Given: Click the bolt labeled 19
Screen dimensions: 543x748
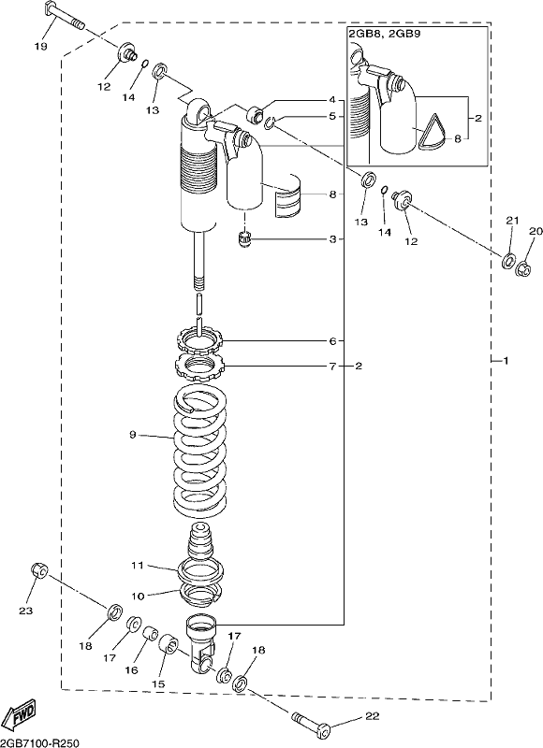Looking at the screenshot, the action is click(x=64, y=16).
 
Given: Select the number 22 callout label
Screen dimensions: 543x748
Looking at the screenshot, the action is click(x=373, y=716).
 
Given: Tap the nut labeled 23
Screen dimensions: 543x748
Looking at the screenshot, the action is click(x=39, y=569).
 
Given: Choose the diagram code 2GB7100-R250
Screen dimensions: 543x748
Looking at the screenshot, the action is click(x=39, y=742).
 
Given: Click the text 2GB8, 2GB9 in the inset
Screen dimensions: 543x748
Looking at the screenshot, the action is click(x=385, y=35).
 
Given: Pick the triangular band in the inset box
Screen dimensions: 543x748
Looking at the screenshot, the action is click(x=433, y=132).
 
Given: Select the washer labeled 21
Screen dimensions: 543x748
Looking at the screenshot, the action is click(x=508, y=261).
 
